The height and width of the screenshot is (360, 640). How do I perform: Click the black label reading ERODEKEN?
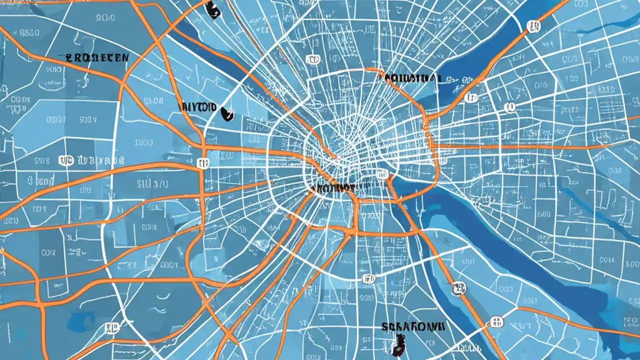97,57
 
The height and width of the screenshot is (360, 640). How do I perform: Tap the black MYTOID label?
198,107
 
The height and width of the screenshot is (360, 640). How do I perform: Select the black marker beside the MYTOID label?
227,115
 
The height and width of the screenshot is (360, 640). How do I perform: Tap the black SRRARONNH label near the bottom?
413,326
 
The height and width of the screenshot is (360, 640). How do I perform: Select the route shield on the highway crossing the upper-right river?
533,26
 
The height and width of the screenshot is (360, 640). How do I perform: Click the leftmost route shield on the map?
66,160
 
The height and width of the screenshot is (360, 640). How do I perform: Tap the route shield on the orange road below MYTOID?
202,162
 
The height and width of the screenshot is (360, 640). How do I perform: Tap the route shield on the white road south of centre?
369,278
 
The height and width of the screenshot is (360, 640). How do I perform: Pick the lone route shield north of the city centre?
312,60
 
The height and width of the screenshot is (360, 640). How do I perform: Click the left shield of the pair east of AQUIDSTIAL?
470,97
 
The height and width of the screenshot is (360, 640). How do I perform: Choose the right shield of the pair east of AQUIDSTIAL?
510,107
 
